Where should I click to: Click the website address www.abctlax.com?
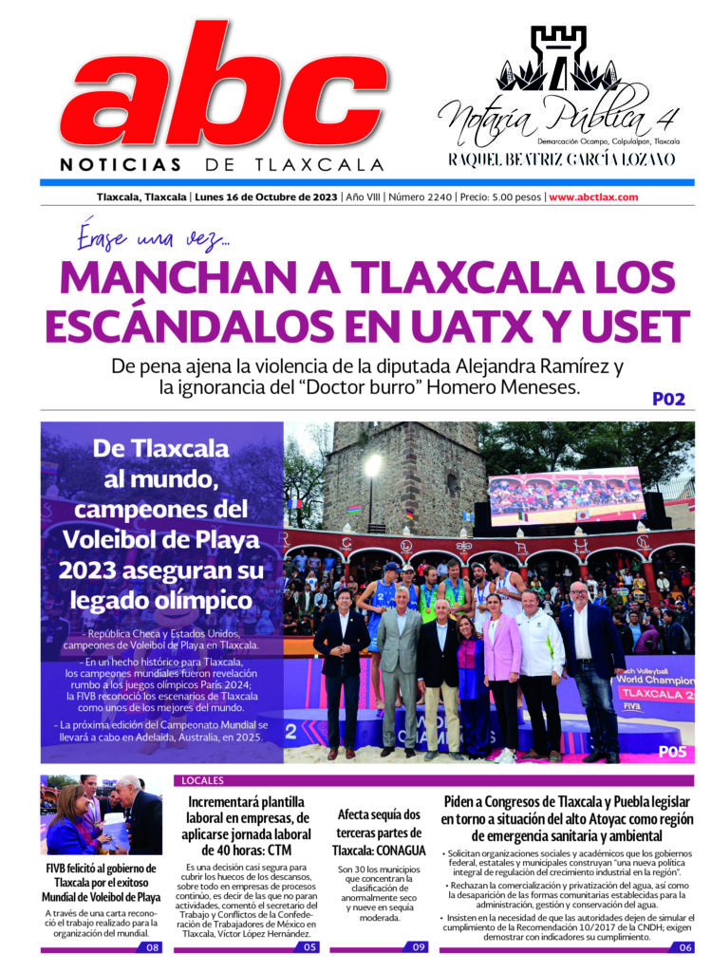click(x=592, y=197)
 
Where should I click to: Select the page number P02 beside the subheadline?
click(x=668, y=399)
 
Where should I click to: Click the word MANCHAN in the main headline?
click(x=156, y=277)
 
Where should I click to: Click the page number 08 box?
click(x=153, y=946)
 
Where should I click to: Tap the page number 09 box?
click(x=418, y=946)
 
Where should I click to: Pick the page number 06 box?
click(x=684, y=946)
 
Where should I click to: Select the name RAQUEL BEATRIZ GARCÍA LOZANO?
click(x=562, y=159)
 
